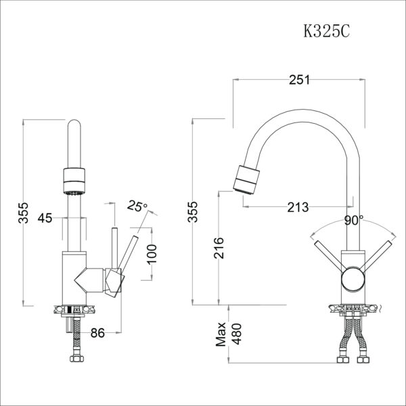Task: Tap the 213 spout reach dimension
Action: pos(298,206)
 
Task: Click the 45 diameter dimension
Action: pos(45,218)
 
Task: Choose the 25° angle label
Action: pos(137,206)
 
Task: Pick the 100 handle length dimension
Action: pos(151,252)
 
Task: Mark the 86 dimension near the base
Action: pos(97,332)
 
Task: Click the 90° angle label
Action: pos(353,220)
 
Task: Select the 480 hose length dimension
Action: pos(236,334)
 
